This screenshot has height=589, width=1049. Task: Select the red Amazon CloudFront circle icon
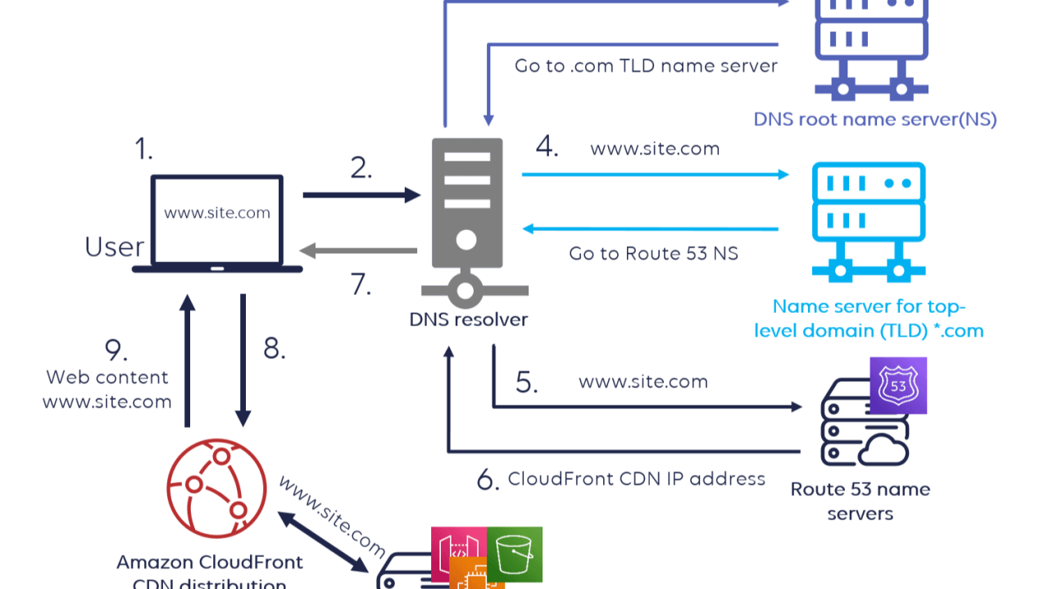point(216,488)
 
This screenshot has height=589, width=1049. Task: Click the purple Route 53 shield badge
point(897,385)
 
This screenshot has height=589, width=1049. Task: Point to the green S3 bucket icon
point(515,555)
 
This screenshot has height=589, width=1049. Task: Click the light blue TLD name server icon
point(867,222)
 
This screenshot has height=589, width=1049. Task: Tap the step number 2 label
point(361,168)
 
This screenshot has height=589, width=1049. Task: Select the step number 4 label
point(547,147)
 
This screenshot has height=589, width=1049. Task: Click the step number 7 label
point(361,283)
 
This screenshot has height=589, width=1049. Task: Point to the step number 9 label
point(116,351)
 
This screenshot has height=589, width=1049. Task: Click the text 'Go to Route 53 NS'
point(653,254)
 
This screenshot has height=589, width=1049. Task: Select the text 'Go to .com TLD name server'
point(646,66)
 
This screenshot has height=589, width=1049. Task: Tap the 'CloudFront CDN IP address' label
point(636,479)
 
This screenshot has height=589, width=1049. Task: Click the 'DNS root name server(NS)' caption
point(874,120)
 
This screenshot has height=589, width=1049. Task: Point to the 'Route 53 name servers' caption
point(860,501)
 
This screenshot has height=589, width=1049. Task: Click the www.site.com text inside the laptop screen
point(217,213)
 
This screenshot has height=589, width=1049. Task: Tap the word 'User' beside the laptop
point(115,247)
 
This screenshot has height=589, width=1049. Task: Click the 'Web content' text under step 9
point(107,378)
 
